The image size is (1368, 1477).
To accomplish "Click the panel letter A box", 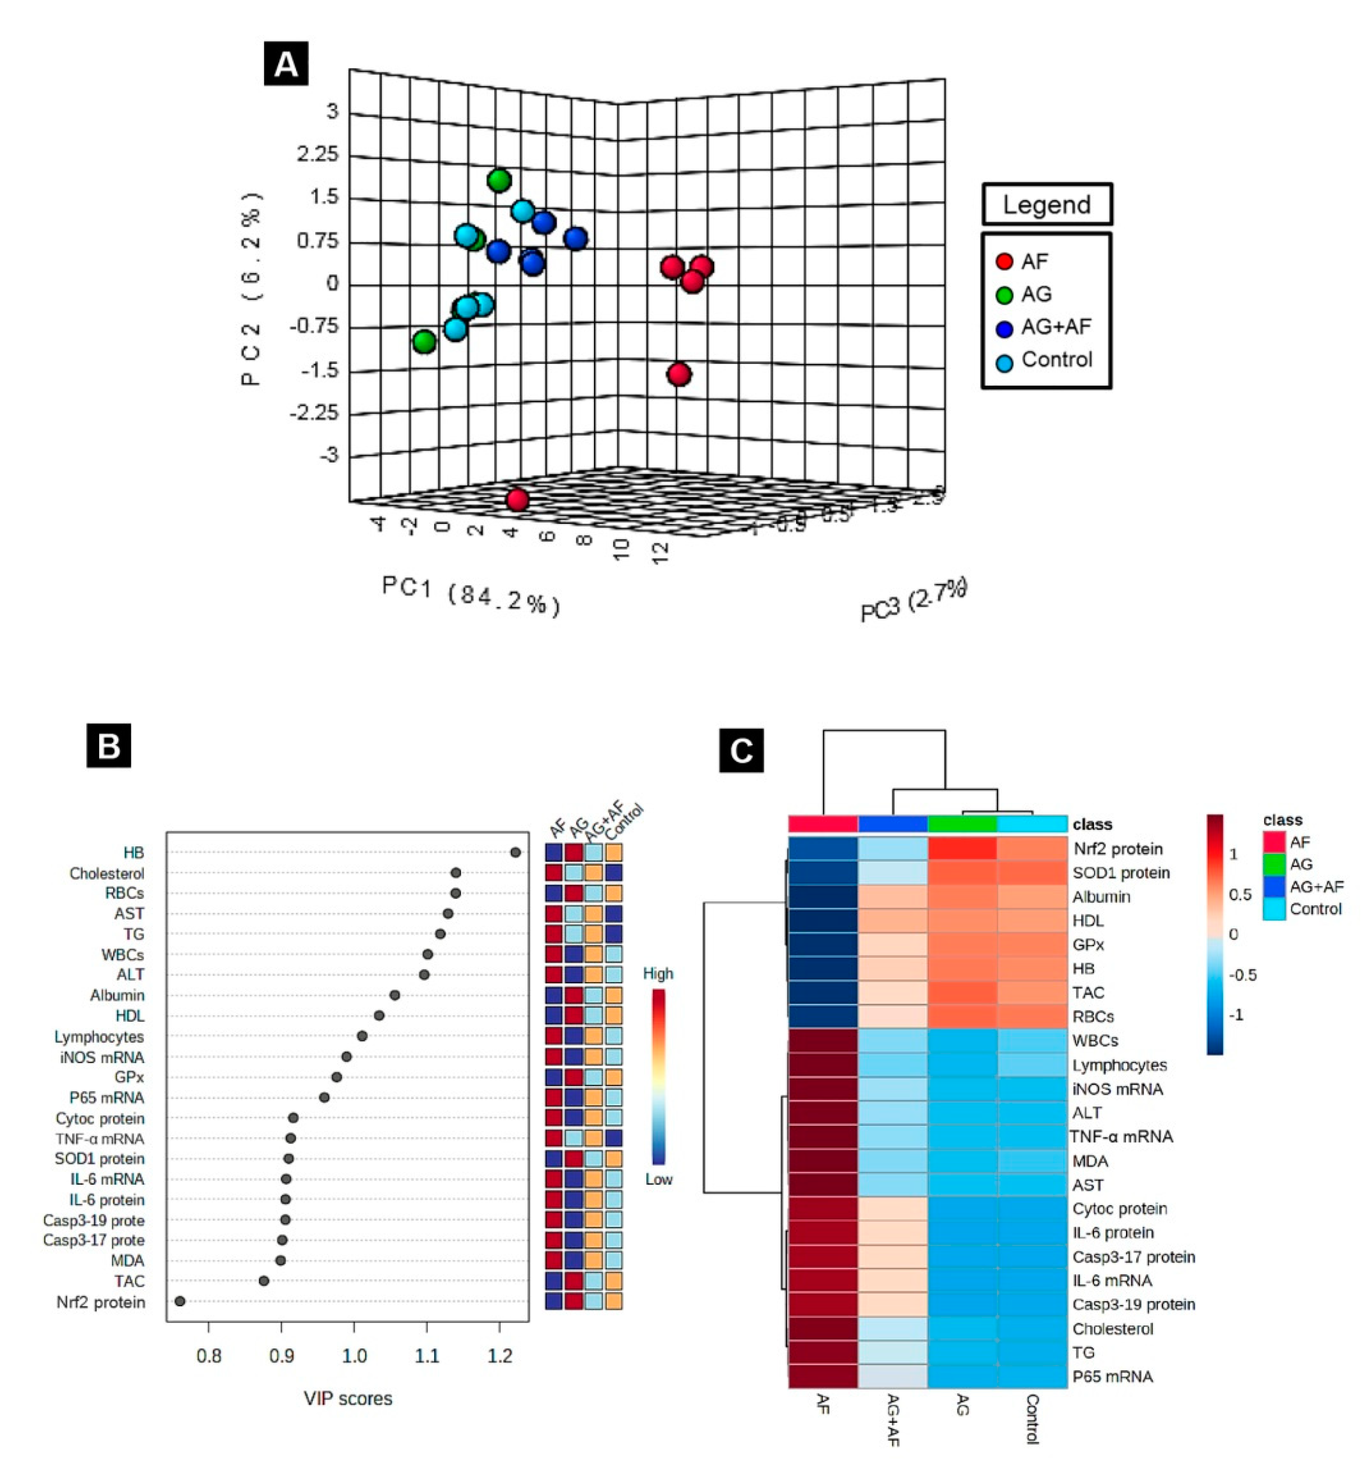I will click(x=286, y=65).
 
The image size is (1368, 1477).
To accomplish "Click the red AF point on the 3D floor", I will click(x=518, y=500).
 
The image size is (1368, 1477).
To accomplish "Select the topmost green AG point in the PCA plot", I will click(x=499, y=180).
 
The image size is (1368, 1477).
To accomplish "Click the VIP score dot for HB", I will click(x=516, y=853).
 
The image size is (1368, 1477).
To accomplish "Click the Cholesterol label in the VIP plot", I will click(x=107, y=873).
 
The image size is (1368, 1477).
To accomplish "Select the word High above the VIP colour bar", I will click(x=658, y=973).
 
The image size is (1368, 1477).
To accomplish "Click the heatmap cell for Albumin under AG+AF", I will click(x=893, y=896).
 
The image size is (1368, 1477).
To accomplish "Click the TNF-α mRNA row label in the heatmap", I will click(x=1121, y=1136).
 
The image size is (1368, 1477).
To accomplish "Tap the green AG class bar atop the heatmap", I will click(x=962, y=824).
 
